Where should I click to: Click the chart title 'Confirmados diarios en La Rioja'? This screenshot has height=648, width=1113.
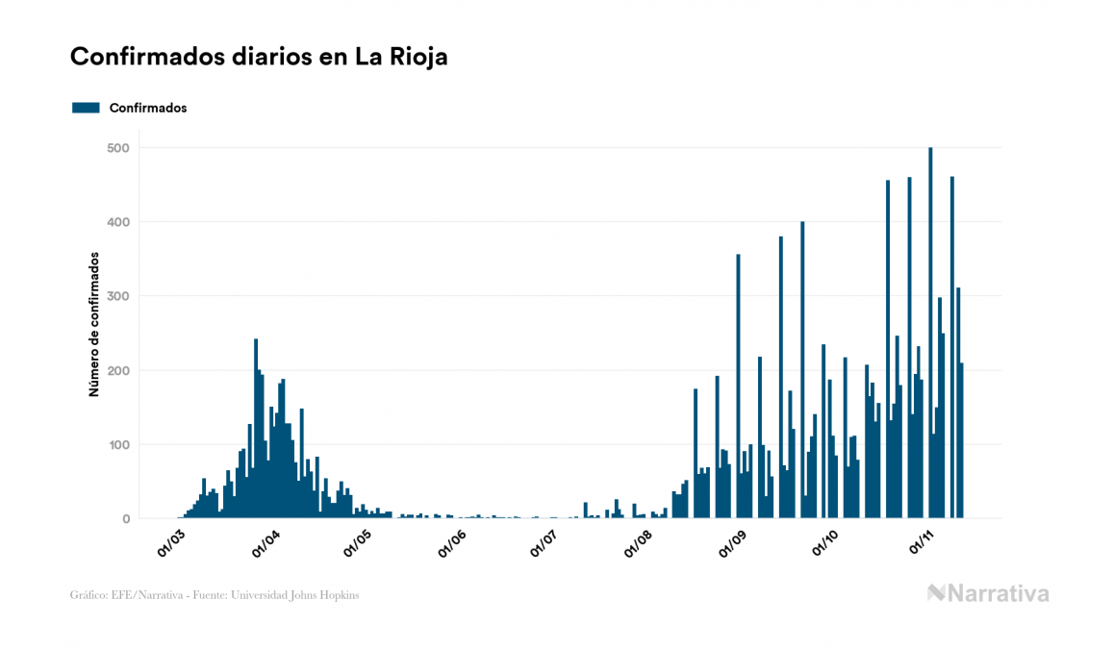259,57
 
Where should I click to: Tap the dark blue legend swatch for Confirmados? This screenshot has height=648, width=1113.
86,108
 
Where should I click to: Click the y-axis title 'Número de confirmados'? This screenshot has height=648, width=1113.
94,325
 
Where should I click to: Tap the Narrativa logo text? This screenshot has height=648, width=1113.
998,593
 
